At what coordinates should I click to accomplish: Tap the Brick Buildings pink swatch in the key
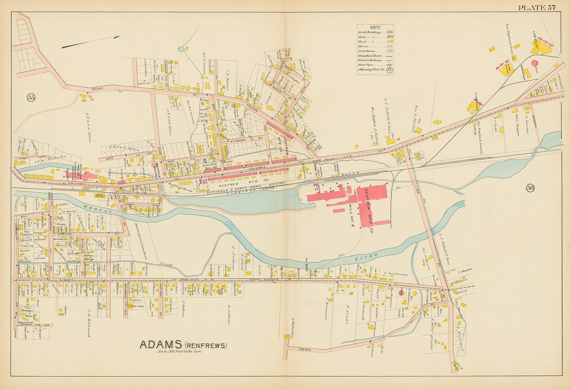[x=389, y=32]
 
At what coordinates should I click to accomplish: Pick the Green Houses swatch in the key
[x=389, y=51]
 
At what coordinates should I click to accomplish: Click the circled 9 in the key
[x=389, y=70]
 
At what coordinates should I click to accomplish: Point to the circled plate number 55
[x=32, y=97]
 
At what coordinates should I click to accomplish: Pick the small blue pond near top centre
[x=181, y=48]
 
